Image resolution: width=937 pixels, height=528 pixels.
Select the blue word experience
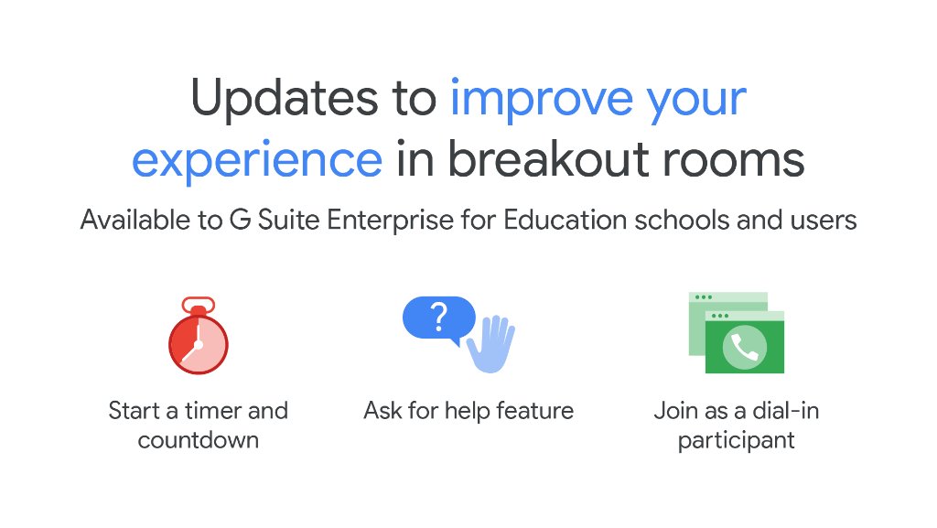pos(257,161)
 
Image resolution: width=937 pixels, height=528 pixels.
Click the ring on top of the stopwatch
pos(198,303)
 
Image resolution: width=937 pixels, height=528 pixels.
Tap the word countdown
pos(198,440)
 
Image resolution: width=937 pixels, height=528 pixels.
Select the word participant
pos(736,440)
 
